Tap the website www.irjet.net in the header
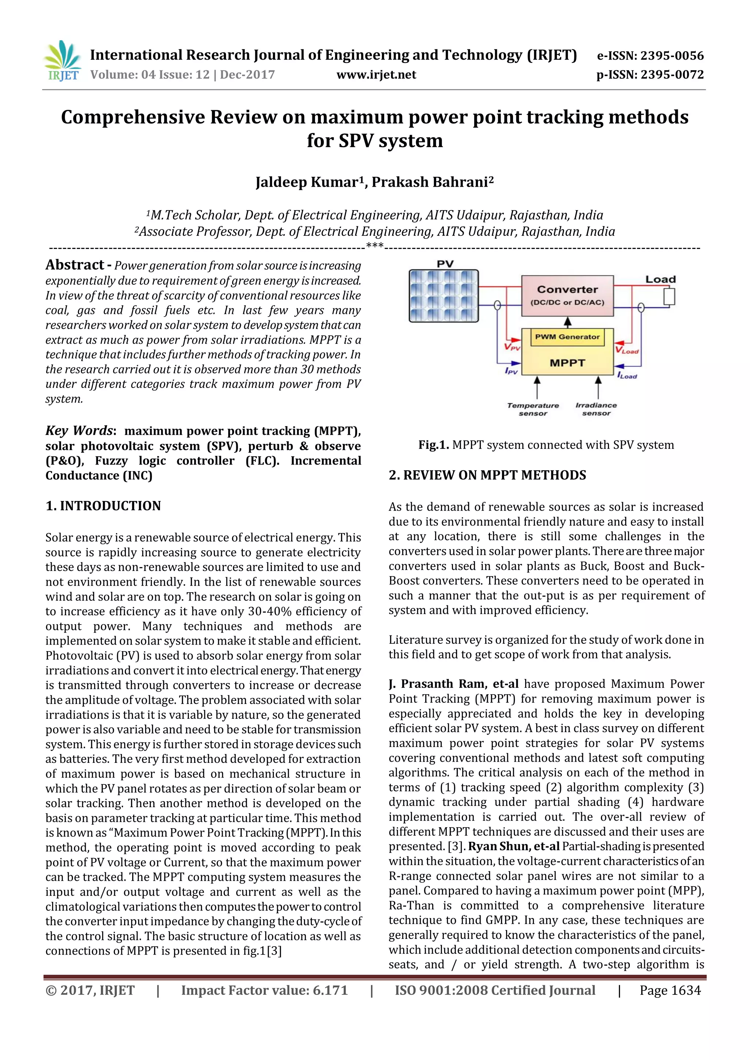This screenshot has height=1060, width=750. (376, 75)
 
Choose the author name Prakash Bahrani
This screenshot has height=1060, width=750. (430, 182)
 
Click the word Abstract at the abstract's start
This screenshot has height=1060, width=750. (74, 265)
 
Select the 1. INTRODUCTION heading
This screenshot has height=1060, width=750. (103, 505)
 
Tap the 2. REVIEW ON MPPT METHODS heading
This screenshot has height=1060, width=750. (487, 475)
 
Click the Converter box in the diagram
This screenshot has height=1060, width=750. (567, 295)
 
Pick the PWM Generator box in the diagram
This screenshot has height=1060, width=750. (567, 337)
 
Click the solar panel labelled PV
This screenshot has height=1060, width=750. (444, 295)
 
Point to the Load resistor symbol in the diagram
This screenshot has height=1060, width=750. (669, 296)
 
